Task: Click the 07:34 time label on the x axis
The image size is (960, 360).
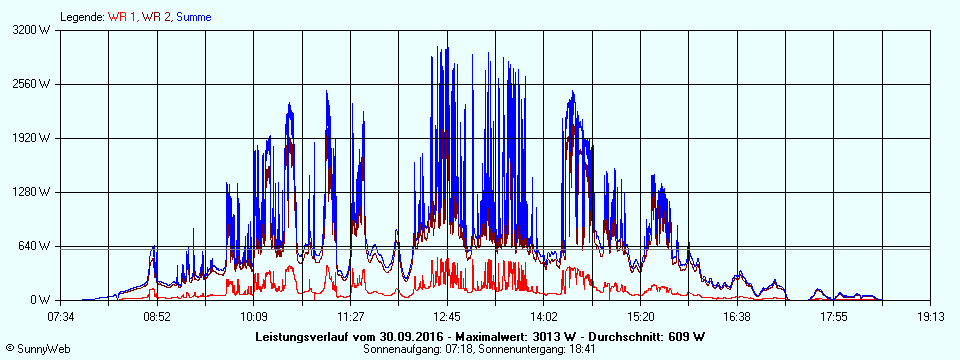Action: pyautogui.click(x=61, y=316)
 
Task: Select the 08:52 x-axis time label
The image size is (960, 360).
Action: pyautogui.click(x=157, y=316)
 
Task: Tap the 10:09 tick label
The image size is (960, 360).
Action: pyautogui.click(x=254, y=316)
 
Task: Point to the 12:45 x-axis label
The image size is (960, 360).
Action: pyautogui.click(x=447, y=316)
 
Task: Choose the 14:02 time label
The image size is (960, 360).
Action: pyautogui.click(x=544, y=316)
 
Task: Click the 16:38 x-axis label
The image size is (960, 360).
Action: pyautogui.click(x=737, y=316)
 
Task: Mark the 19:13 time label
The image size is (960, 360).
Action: pyautogui.click(x=930, y=316)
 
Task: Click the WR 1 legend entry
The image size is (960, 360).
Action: pyautogui.click(x=123, y=17)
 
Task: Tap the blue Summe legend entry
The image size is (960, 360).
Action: pyautogui.click(x=194, y=17)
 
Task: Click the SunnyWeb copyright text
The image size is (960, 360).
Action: pyautogui.click(x=38, y=347)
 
